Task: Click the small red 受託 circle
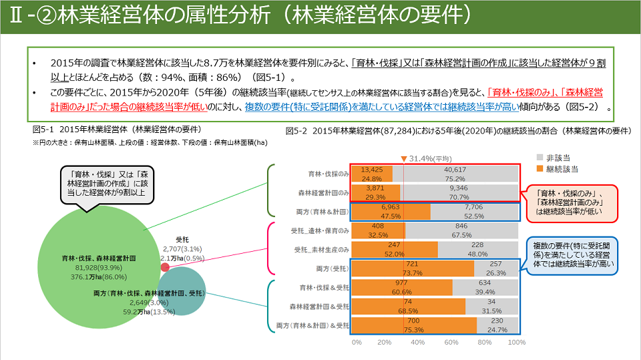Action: click(165, 267)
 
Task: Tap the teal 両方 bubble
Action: click(182, 291)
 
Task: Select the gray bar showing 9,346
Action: click(459, 193)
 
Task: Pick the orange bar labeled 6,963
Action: click(391, 212)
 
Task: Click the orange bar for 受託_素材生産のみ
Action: click(394, 249)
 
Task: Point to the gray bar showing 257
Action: click(496, 268)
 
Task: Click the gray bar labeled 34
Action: click(491, 306)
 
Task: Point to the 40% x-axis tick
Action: click(418, 342)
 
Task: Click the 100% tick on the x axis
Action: click(516, 342)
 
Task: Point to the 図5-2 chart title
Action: click(461, 131)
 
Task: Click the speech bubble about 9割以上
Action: click(106, 182)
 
